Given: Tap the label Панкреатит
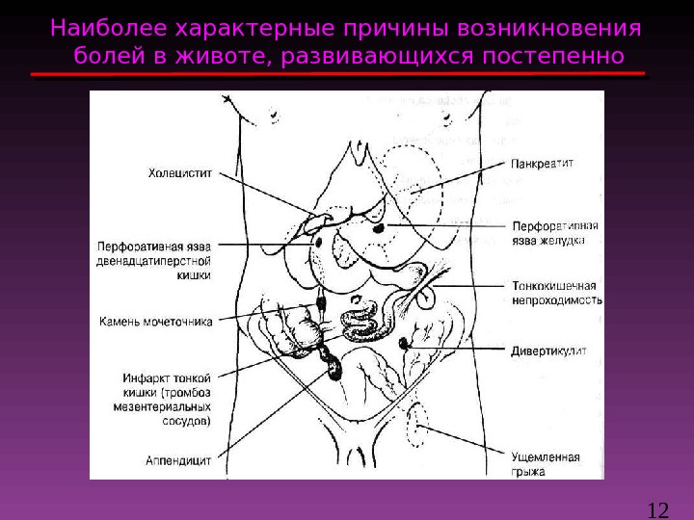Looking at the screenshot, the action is pos(543,164).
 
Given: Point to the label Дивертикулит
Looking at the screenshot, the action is pos(548,351).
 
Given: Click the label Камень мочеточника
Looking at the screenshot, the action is pos(155,321).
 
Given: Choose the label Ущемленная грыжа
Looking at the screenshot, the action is pos(546,464).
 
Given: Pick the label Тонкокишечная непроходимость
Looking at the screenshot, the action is pos(556,293).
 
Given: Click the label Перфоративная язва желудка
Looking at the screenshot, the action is pos(553,234).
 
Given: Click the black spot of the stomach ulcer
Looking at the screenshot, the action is pos(378,227).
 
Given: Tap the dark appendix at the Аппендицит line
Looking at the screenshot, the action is pos(333,367).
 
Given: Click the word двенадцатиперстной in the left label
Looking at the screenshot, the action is pos(154,260).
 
